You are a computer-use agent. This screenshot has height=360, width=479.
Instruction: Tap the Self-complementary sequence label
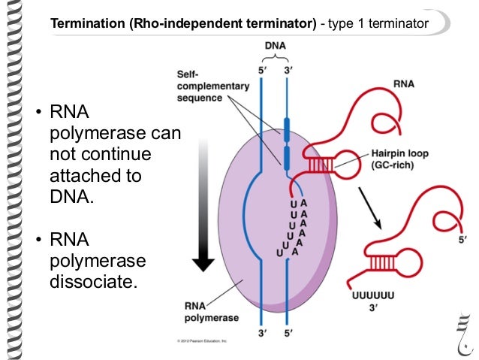pos(212,86)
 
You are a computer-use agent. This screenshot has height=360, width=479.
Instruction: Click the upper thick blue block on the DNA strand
pos(285,126)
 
